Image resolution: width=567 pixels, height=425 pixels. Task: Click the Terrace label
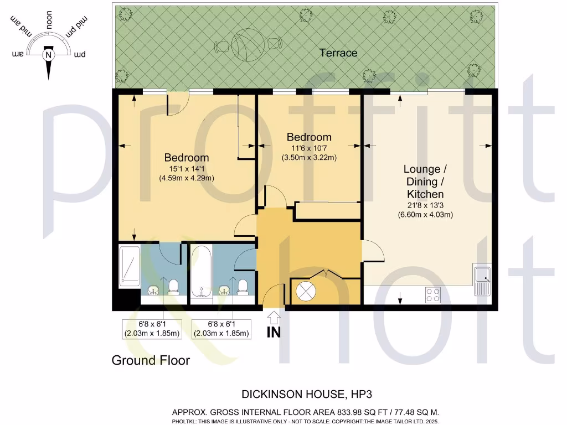tap(338, 53)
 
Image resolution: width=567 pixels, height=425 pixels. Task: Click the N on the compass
tap(49, 55)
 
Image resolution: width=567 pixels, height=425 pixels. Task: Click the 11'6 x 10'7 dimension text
tap(308, 148)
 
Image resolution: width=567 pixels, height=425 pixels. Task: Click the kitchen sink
tap(482, 279)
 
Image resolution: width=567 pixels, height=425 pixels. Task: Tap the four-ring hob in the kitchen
tap(433, 295)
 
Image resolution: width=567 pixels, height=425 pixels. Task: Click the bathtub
tap(200, 273)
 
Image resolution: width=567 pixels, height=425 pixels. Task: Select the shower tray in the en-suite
tap(129, 266)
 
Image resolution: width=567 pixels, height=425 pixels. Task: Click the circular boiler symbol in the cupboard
tap(306, 290)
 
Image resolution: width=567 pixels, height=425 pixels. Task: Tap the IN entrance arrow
tap(274, 318)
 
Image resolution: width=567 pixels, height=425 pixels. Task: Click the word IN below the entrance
tap(274, 333)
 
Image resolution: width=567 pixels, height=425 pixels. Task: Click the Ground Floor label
tap(151, 360)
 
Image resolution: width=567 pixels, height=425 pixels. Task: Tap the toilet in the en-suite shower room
tap(173, 286)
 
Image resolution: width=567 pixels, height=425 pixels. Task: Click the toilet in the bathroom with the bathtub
tap(242, 286)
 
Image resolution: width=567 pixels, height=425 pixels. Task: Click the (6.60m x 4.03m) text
tap(425, 215)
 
